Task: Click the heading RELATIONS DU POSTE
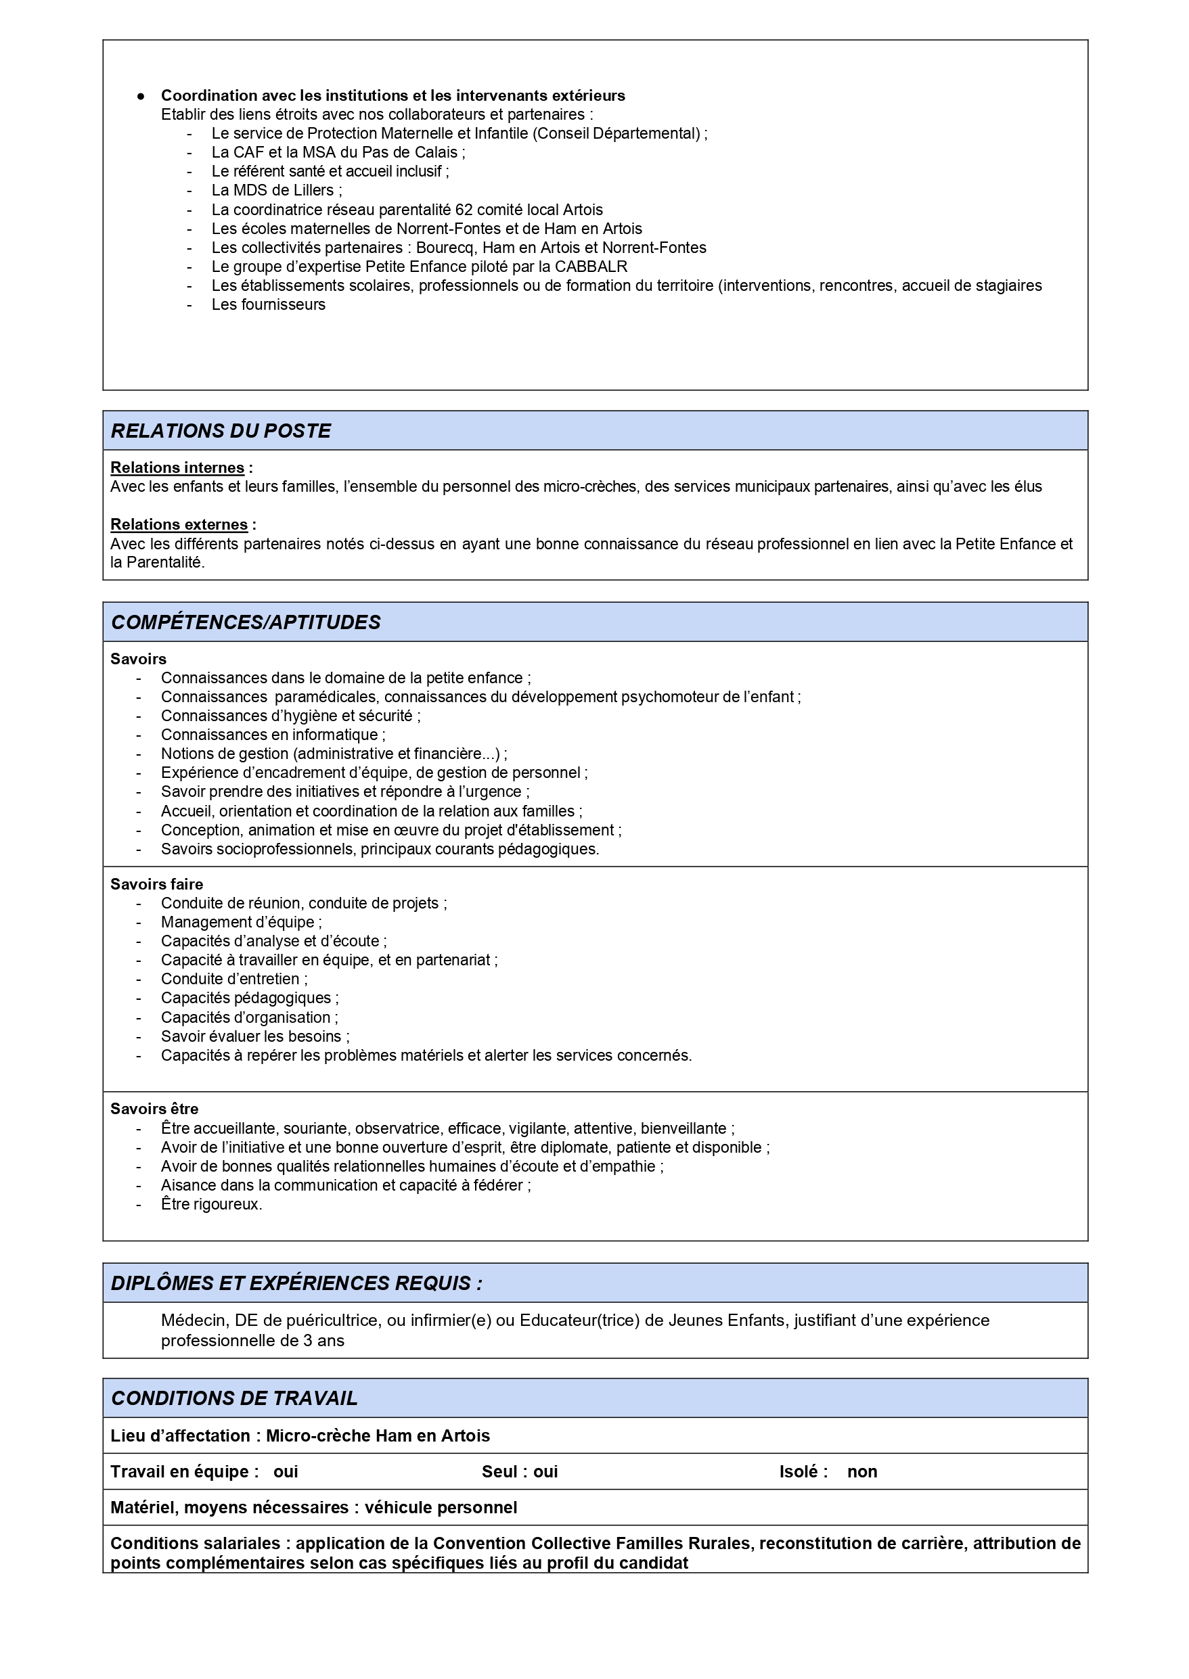(x=221, y=430)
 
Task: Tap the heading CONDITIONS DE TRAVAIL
(x=234, y=1398)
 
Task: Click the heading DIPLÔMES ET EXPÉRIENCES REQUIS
(x=296, y=1283)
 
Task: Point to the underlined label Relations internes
(x=177, y=467)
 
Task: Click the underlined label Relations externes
(x=179, y=525)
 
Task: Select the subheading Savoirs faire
(x=157, y=884)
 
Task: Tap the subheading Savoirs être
(x=154, y=1109)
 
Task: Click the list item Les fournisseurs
(x=268, y=304)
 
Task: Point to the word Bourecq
(x=445, y=248)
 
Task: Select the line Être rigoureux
(x=211, y=1204)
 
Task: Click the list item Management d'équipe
(x=240, y=922)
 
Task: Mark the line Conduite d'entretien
(x=233, y=980)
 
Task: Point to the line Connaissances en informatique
(x=271, y=735)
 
